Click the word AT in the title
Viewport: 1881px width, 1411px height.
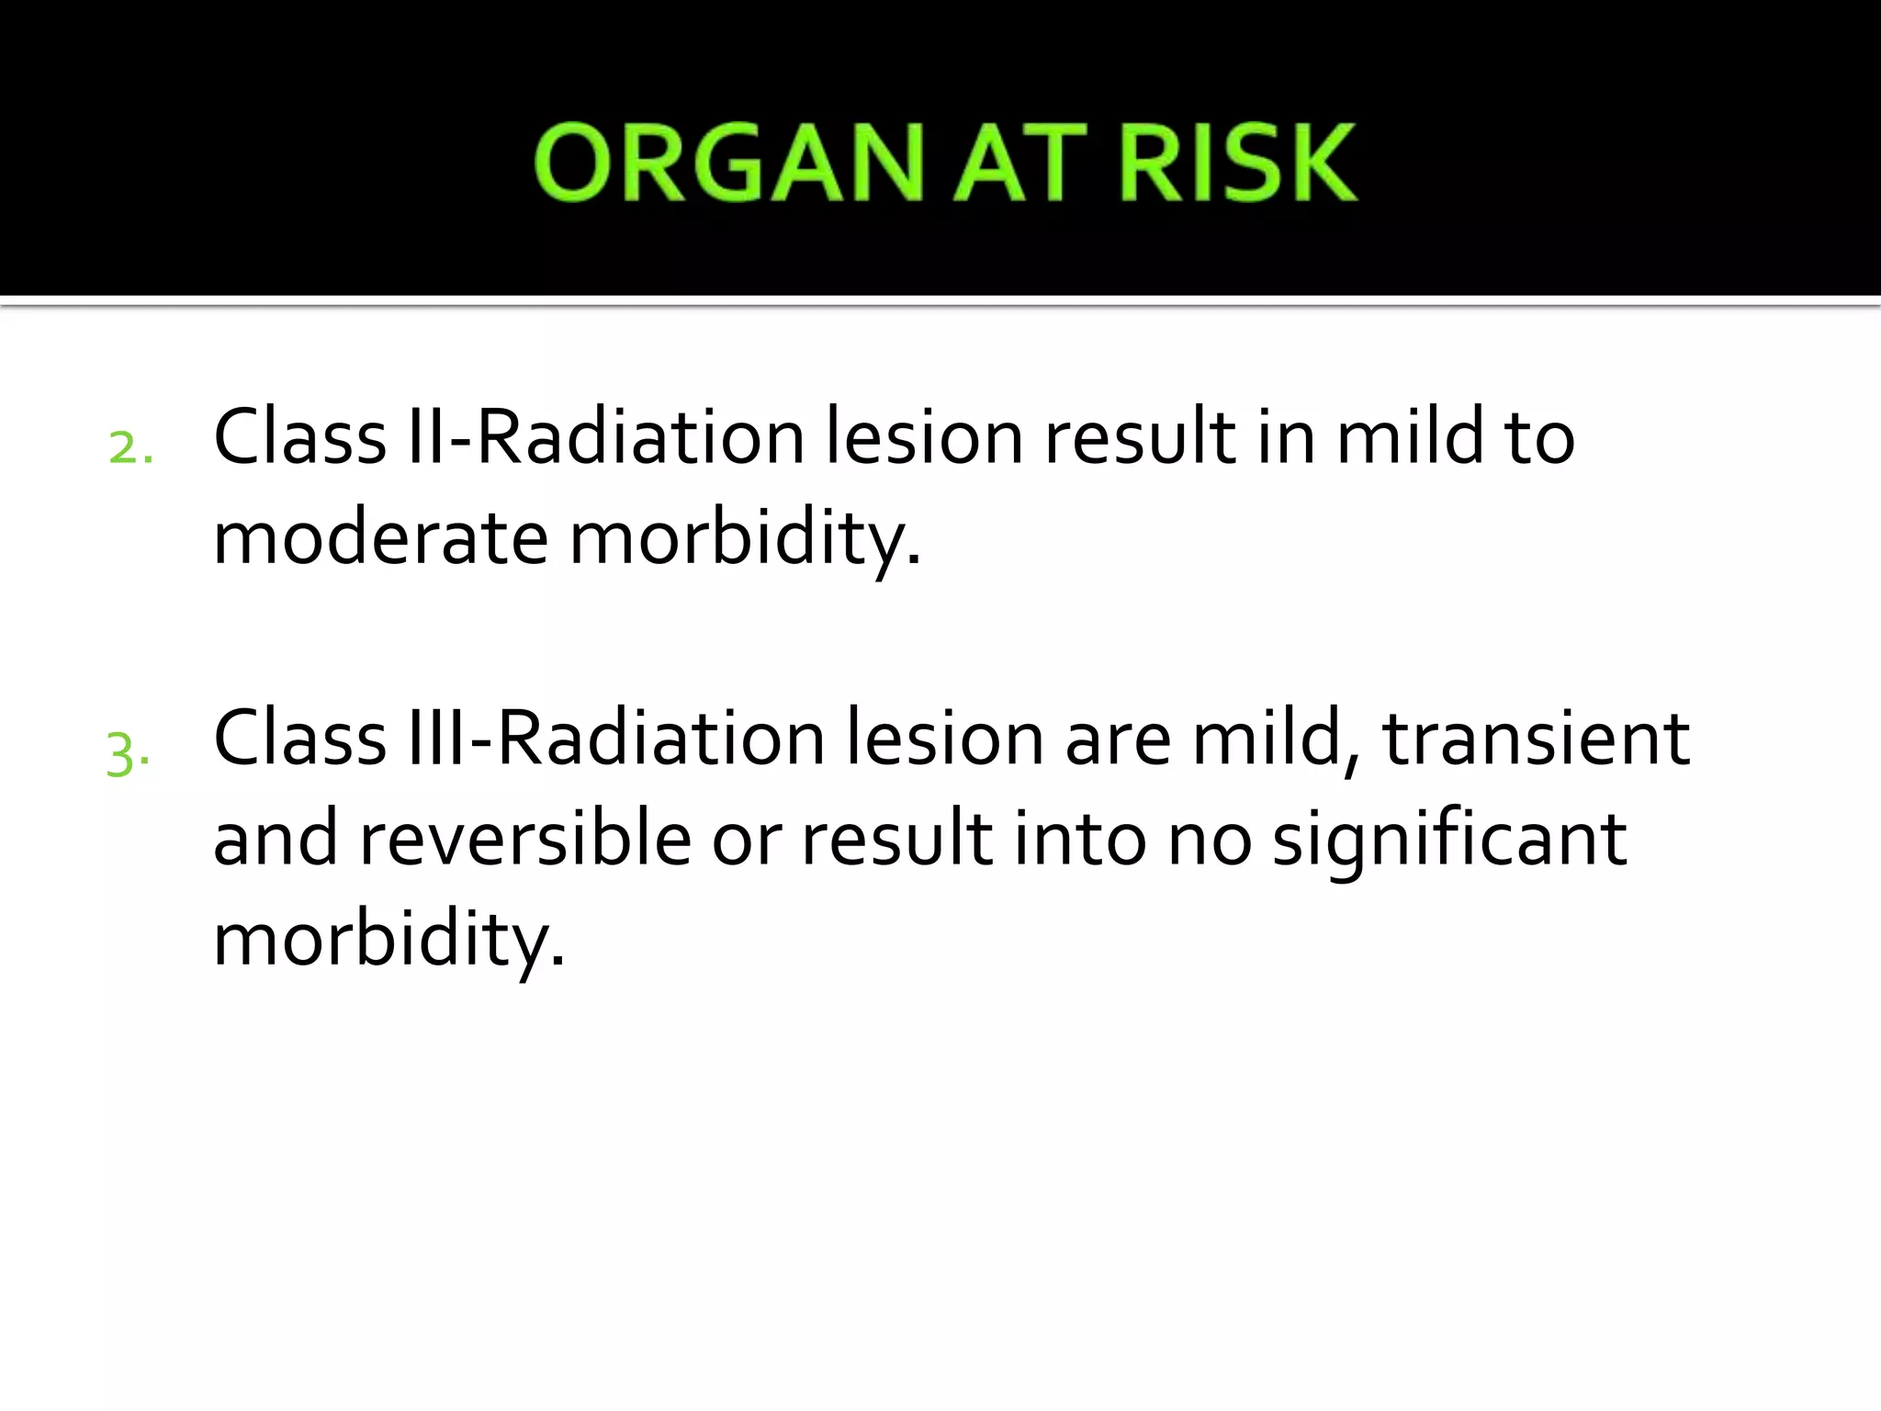[x=1020, y=164]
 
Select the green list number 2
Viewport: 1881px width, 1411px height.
[x=130, y=448]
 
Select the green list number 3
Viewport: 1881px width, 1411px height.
[x=128, y=753]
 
